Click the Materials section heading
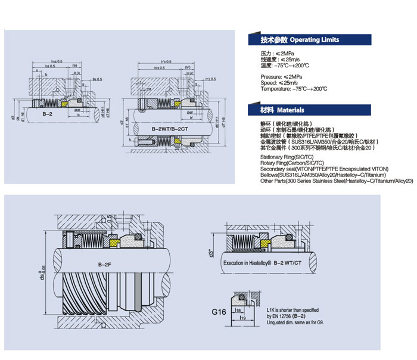pyautogui.click(x=282, y=110)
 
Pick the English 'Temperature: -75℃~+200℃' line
pyautogui.click(x=294, y=89)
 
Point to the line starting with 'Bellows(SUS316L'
pyautogui.click(x=324, y=175)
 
